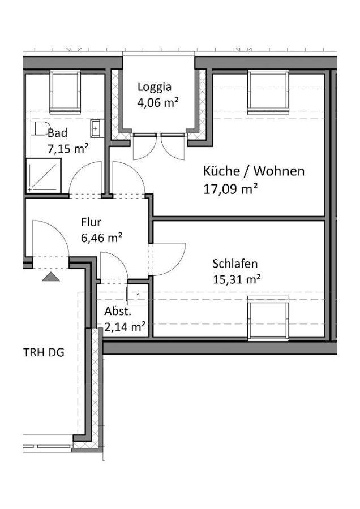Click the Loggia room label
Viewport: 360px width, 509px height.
[x=155, y=87]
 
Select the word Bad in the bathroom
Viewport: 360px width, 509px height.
[x=57, y=133]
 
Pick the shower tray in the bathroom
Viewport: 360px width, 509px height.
[x=43, y=176]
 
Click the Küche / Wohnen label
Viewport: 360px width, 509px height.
[x=254, y=171]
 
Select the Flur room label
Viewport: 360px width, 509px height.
[x=91, y=222]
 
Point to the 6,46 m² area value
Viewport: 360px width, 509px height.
[x=101, y=238]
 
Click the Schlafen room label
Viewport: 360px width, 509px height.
[x=235, y=264]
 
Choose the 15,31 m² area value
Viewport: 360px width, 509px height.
[x=237, y=279]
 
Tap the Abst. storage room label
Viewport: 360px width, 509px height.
[x=118, y=311]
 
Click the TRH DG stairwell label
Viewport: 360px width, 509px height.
[x=44, y=352]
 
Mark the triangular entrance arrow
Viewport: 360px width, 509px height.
[x=51, y=277]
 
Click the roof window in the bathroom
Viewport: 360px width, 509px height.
[x=65, y=93]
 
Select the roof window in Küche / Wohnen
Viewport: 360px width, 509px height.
[x=268, y=92]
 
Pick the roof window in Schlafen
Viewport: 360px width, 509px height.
[x=268, y=318]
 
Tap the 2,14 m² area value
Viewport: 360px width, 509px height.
[x=125, y=326]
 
